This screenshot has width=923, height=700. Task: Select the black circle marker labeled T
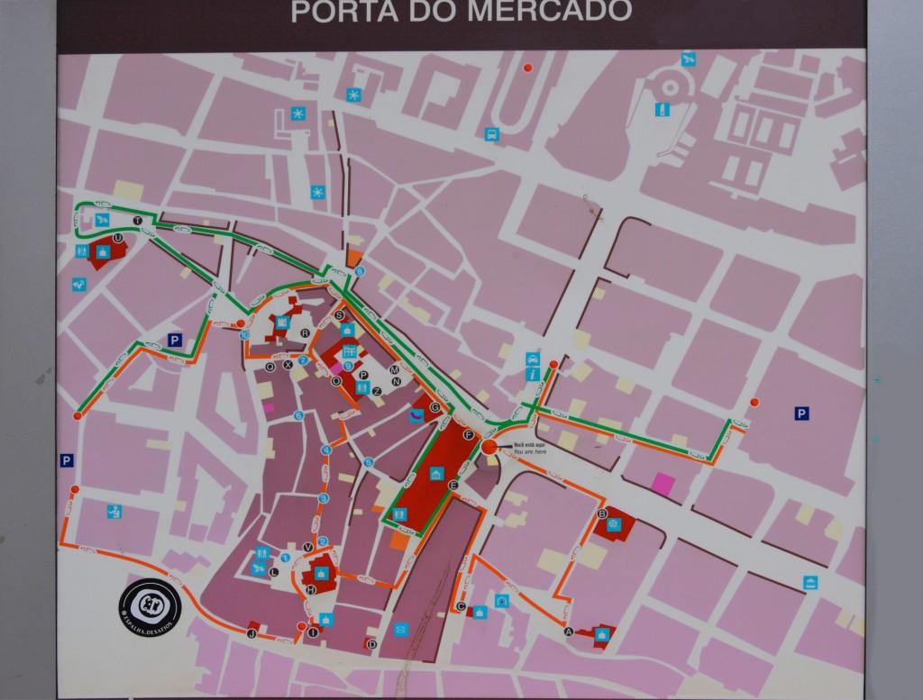tap(138, 221)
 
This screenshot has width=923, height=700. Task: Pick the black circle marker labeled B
tap(602, 514)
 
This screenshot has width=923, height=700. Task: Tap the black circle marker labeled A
tap(568, 632)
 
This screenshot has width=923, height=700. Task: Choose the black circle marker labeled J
tap(251, 633)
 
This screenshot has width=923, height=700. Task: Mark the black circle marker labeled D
tap(371, 643)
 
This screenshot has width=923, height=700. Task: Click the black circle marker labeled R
tap(305, 332)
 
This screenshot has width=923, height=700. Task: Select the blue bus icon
tap(491, 134)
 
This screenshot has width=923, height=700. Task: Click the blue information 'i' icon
tap(532, 373)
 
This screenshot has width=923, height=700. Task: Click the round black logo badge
tap(150, 605)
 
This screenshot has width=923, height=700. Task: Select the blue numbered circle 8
tap(360, 271)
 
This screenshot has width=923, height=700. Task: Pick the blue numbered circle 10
tap(245, 335)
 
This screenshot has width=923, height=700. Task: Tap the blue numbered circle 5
tap(369, 462)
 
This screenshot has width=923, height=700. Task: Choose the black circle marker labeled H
tap(311, 589)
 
